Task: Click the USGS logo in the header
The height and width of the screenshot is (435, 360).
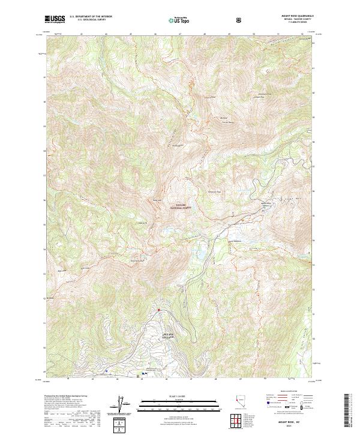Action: pyautogui.click(x=56, y=19)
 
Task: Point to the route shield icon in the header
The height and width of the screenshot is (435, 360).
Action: pyautogui.click(x=240, y=19)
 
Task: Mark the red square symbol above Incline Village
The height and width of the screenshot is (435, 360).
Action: pyautogui.click(x=158, y=310)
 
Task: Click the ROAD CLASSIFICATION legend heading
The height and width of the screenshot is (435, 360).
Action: pyautogui.click(x=287, y=395)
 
